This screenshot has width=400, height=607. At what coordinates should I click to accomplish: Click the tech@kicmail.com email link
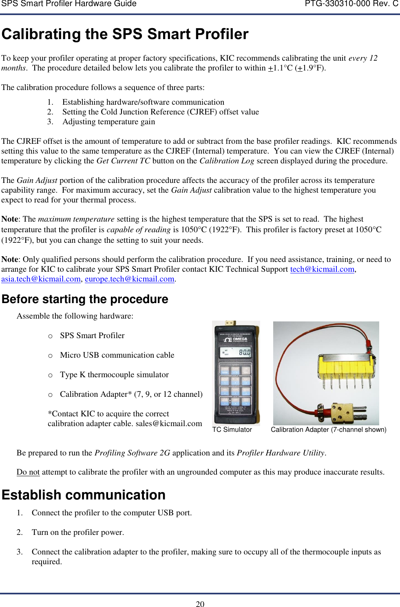coord(322,269)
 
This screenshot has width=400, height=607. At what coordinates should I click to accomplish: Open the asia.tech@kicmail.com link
coord(41,279)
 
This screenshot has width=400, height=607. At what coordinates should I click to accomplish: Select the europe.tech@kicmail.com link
coord(129,279)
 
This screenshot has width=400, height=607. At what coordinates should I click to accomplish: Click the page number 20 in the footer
coord(200,604)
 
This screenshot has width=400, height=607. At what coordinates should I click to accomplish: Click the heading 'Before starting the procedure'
coord(85,299)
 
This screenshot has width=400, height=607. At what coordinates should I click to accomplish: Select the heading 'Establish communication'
coord(84,495)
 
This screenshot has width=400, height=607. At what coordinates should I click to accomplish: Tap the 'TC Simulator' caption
coord(232,430)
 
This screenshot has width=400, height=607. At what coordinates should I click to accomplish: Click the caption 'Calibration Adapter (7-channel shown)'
coord(328,430)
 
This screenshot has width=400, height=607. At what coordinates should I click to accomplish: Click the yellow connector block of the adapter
coord(345,367)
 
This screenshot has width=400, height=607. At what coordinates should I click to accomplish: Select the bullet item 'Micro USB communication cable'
coord(117,355)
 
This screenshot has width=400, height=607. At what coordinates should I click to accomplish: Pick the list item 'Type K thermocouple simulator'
coord(114,375)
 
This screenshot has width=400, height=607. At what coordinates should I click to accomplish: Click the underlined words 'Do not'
coord(28,472)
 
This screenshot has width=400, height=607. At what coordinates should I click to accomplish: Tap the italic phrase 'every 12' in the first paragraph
coord(363,58)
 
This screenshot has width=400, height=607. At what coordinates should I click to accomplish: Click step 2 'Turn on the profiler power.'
coord(77,532)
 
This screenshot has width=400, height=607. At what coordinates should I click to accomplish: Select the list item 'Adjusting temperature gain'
coord(108,122)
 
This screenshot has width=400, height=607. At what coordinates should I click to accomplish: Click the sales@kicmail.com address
coord(168,424)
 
